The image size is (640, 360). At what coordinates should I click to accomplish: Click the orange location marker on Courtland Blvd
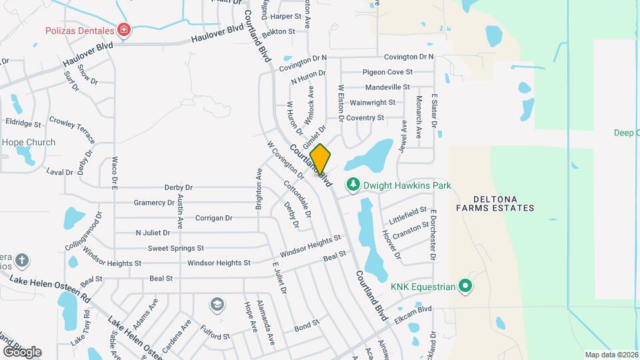point(320,160)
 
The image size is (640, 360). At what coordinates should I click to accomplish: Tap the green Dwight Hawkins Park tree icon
point(352,185)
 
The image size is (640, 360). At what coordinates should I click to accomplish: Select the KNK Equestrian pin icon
point(466,287)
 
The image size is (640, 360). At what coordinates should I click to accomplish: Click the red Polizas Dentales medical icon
point(123,29)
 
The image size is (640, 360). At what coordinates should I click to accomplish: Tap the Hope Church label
point(29,142)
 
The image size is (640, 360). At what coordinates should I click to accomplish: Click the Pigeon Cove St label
point(387,72)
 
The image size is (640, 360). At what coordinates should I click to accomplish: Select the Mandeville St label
point(387,87)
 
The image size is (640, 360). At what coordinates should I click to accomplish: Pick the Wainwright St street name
point(373,103)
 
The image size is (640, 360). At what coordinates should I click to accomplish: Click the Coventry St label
point(365,118)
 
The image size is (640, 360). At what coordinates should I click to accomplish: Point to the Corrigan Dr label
point(213,218)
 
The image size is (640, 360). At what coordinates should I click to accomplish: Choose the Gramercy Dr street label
point(154,203)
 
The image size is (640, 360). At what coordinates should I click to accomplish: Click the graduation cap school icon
point(217,305)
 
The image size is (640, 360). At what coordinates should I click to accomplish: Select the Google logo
point(22,351)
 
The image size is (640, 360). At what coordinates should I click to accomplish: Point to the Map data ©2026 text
point(610,354)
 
